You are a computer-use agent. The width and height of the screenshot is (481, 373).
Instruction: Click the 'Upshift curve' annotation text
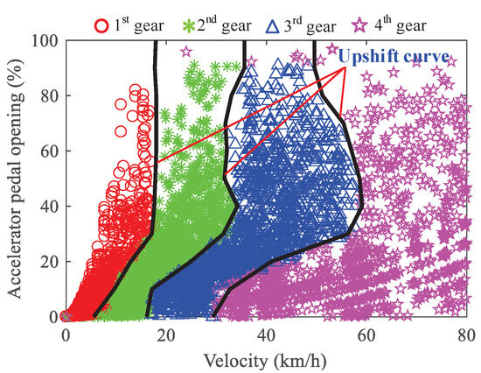click(394, 58)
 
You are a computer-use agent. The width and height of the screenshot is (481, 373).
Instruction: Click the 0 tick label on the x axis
click(66, 333)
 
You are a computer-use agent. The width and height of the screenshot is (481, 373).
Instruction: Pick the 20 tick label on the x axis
click(165, 333)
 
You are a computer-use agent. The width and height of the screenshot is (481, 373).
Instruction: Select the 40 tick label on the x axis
click(266, 333)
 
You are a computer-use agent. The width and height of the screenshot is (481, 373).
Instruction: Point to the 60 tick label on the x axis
click(366, 333)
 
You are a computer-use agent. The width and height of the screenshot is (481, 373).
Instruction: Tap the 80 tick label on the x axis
click(465, 333)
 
